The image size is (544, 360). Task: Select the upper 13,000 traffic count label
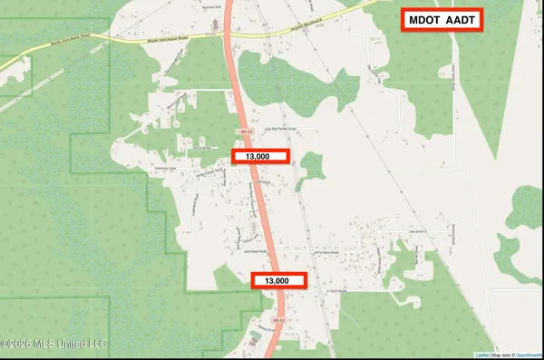click(260, 156)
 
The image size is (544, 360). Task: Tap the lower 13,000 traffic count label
click(278, 281)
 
